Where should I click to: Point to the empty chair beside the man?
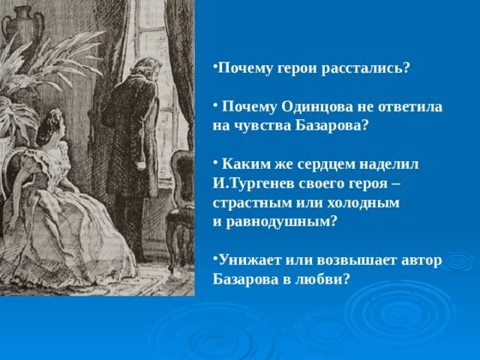tap(179, 202)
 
